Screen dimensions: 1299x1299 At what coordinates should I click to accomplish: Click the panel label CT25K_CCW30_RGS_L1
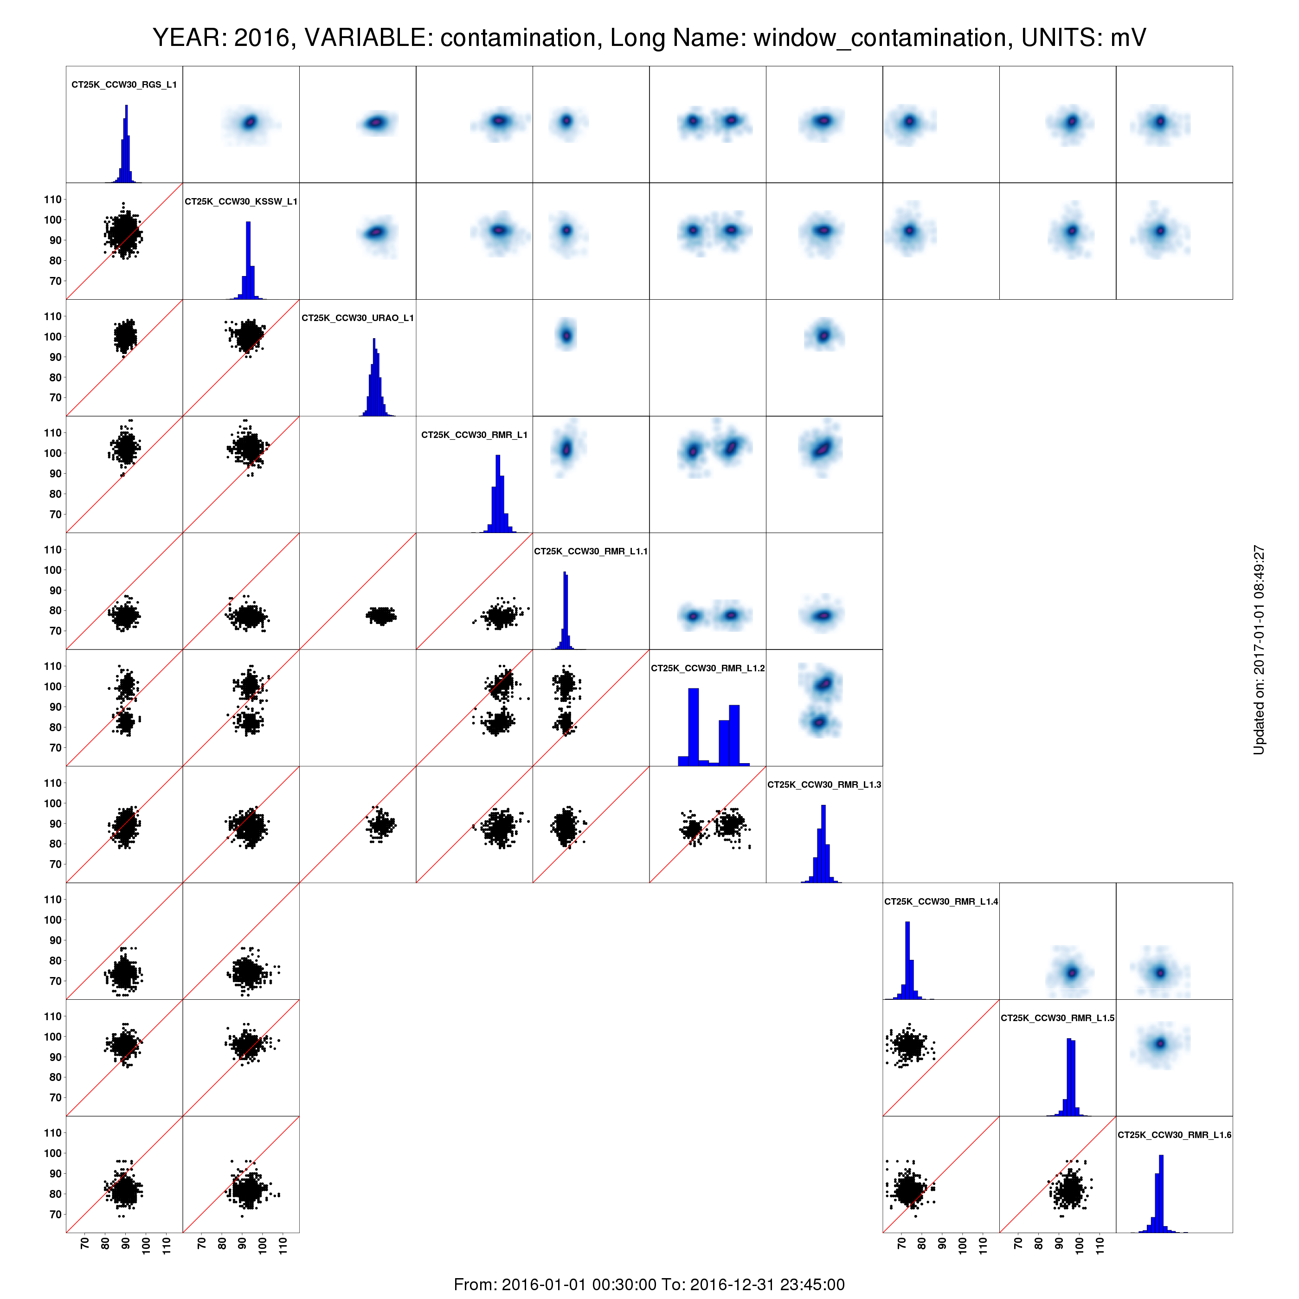[x=124, y=85]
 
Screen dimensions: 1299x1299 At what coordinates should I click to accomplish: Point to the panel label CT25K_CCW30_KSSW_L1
[x=241, y=202]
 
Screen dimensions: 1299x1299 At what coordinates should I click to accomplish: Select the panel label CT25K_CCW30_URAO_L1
[x=358, y=318]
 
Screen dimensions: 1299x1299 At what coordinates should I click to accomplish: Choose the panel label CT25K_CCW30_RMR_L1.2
[x=708, y=669]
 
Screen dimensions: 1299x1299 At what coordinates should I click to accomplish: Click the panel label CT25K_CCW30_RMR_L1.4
[x=941, y=901]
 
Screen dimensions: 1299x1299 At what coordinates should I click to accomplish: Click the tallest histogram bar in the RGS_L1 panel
[x=126, y=143]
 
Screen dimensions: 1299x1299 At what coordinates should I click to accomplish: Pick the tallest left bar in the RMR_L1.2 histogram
[x=693, y=727]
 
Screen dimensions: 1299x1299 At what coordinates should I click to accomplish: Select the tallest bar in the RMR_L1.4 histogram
[x=908, y=960]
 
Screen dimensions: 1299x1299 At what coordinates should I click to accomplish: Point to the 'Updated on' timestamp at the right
[x=1259, y=649]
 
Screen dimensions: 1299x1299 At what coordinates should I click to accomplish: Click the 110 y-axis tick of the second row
[x=53, y=199]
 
